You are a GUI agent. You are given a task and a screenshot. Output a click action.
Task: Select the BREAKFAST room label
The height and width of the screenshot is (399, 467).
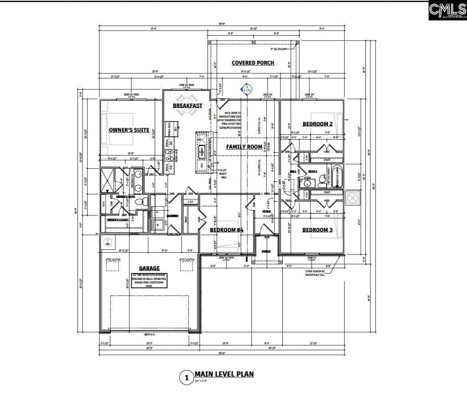pos(187,106)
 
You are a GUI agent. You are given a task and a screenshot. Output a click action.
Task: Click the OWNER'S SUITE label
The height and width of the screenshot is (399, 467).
pos(129,130)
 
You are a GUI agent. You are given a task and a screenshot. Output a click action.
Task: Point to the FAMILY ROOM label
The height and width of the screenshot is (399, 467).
pos(244,147)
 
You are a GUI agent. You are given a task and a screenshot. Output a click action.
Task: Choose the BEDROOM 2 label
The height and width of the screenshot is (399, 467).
pos(317,124)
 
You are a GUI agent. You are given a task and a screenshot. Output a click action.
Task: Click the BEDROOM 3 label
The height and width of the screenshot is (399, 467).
pos(317,230)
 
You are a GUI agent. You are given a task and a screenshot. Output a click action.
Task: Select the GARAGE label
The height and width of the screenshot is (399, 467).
pos(149,269)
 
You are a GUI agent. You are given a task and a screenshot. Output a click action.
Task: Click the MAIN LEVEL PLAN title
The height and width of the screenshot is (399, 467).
pos(224,374)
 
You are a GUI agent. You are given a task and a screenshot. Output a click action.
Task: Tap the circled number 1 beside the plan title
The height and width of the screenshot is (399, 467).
pos(186,378)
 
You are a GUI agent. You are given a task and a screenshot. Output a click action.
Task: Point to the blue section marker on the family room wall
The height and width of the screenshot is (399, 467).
pos(247,88)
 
